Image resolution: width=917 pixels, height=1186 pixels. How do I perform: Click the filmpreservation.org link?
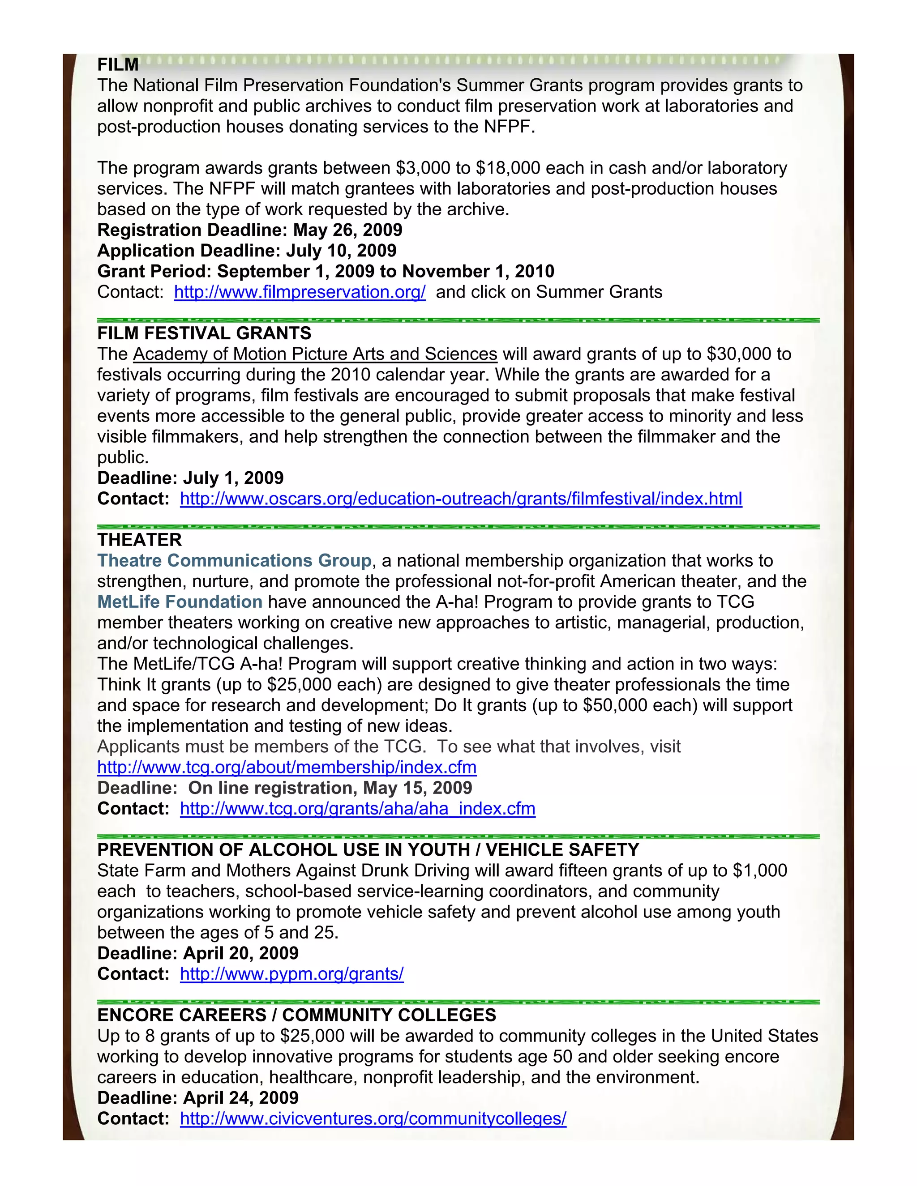click(x=300, y=292)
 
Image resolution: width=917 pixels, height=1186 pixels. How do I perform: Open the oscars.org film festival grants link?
click(x=461, y=499)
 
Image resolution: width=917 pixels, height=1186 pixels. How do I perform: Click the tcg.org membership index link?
click(x=287, y=767)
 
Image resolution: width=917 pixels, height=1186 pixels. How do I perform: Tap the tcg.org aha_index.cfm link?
click(x=357, y=809)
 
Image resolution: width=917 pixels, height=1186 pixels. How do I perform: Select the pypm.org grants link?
click(x=292, y=974)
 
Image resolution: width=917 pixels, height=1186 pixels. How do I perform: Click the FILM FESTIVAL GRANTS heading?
click(x=204, y=333)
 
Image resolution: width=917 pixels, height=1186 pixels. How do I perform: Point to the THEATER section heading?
click(x=140, y=540)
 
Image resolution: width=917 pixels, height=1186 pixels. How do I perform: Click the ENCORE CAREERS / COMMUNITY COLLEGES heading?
click(x=296, y=1015)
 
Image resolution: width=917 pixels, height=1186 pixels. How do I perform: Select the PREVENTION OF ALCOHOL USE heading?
click(x=368, y=850)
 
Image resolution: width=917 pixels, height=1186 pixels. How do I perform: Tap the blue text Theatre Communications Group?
click(x=234, y=560)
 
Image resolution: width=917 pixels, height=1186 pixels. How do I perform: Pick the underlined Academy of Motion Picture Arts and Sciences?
click(x=315, y=354)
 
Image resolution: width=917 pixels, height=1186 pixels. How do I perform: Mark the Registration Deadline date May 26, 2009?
click(x=347, y=230)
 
